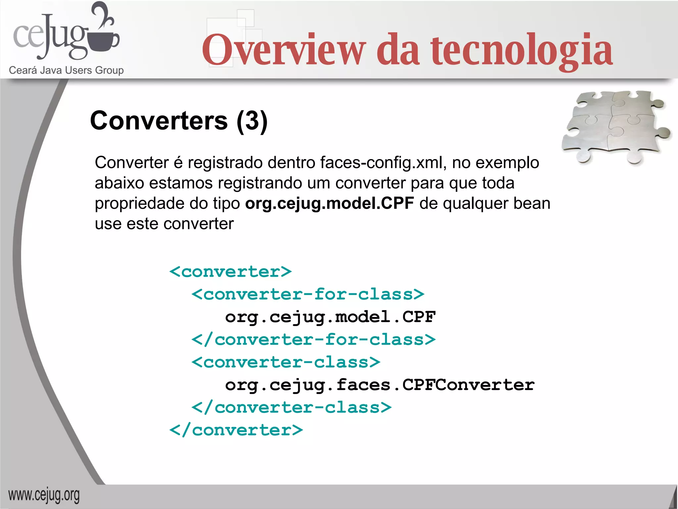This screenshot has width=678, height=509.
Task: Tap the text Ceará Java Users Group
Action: click(x=66, y=70)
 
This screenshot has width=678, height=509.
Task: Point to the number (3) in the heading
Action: click(x=252, y=121)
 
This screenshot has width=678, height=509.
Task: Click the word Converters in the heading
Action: click(x=159, y=121)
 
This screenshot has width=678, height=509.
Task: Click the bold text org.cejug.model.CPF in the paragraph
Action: click(x=329, y=203)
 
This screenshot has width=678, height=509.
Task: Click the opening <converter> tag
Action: click(x=230, y=272)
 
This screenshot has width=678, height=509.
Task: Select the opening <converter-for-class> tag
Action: click(x=308, y=294)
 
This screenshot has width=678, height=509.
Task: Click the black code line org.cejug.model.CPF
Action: click(x=330, y=317)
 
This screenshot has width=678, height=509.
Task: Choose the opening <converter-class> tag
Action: click(x=286, y=362)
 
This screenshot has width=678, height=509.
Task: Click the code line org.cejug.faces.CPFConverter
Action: click(x=379, y=385)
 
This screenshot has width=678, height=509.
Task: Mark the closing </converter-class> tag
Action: click(x=291, y=408)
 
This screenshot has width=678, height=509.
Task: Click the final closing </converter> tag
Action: click(x=236, y=430)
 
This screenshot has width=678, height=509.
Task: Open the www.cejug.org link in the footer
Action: click(x=44, y=495)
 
